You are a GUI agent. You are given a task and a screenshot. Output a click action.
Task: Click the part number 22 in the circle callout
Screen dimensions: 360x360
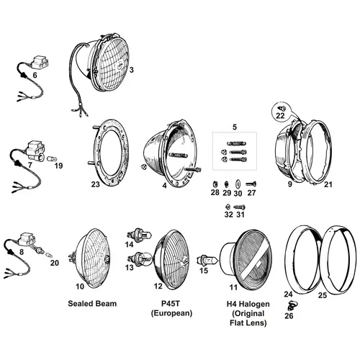tap(280, 116)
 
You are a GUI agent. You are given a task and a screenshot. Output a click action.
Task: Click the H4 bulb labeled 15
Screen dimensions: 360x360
tap(207, 260)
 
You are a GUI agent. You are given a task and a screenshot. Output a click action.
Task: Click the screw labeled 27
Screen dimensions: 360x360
tap(251, 184)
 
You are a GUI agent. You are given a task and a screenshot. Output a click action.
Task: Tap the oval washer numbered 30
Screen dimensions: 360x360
tap(238, 184)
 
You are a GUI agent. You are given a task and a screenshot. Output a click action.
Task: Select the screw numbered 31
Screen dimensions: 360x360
tap(239, 207)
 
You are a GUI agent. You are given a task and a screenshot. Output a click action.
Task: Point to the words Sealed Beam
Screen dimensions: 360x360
tap(92, 304)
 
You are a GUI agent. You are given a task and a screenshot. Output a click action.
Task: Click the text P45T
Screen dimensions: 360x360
tap(171, 304)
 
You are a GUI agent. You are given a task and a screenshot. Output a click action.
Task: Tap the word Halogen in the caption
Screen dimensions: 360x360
tap(255, 304)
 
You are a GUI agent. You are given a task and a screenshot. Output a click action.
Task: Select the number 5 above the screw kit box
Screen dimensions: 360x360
tap(235, 127)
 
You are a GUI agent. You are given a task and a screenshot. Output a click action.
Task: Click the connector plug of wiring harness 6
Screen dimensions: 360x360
tap(40, 62)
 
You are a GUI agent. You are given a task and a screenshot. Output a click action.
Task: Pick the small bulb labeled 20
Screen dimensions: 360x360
tap(48, 254)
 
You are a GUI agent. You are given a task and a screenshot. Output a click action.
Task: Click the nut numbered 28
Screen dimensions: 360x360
tap(215, 184)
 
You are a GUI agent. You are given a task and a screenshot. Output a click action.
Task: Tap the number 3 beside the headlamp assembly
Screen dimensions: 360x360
tap(131, 70)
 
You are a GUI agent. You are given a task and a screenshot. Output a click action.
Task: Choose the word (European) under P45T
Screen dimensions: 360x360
tap(171, 313)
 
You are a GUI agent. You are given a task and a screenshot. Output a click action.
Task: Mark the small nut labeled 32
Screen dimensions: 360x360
tap(228, 207)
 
